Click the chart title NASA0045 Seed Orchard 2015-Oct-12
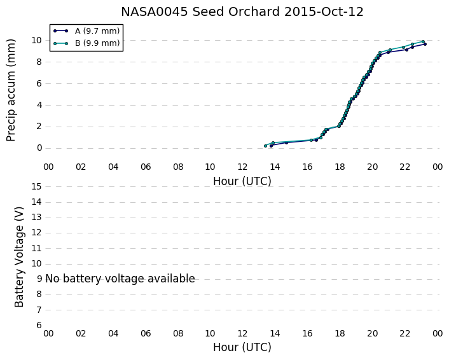point(242,12)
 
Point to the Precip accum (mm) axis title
point(10,90)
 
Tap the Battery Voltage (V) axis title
point(19,256)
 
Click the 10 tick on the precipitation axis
point(36,40)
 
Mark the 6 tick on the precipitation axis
point(39,83)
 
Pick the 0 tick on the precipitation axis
point(39,148)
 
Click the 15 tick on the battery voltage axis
point(36,187)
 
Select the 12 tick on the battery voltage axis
point(36,233)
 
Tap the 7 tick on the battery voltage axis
point(39,310)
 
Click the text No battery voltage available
point(120,279)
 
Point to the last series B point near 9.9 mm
point(423,42)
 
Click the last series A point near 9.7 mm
point(425,44)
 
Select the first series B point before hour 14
point(265,146)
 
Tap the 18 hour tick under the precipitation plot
point(340,167)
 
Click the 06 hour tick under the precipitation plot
point(146,167)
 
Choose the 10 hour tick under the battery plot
point(210,333)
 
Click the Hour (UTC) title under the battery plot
point(242,347)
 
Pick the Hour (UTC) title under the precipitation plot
point(242,181)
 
